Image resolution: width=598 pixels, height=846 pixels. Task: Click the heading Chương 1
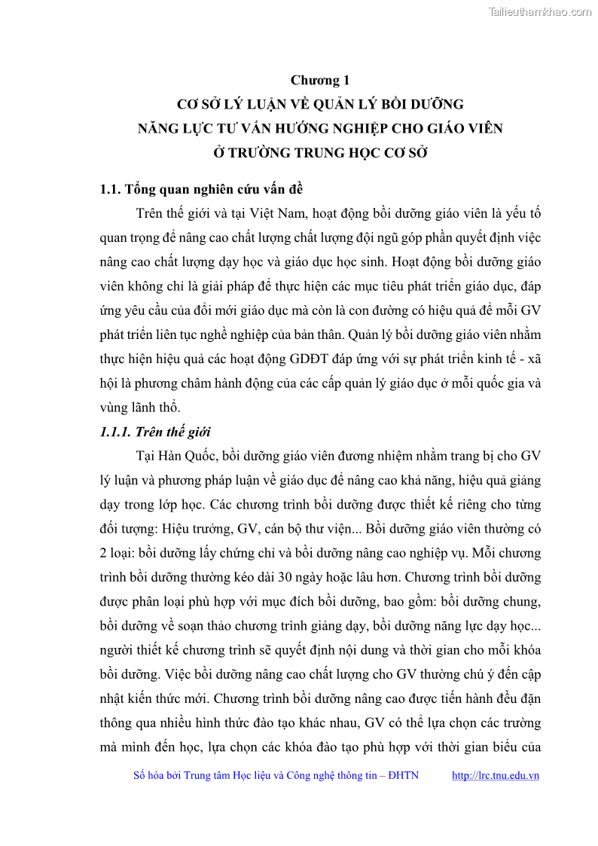click(x=320, y=80)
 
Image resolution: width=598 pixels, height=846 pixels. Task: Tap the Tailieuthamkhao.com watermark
click(x=540, y=11)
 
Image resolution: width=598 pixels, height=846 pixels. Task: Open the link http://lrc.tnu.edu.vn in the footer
click(x=495, y=775)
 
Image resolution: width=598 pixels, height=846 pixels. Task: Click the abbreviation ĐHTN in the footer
click(x=404, y=775)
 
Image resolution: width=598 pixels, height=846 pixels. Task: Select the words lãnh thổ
click(x=154, y=407)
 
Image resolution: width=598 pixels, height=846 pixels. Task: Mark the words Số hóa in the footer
click(x=148, y=775)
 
